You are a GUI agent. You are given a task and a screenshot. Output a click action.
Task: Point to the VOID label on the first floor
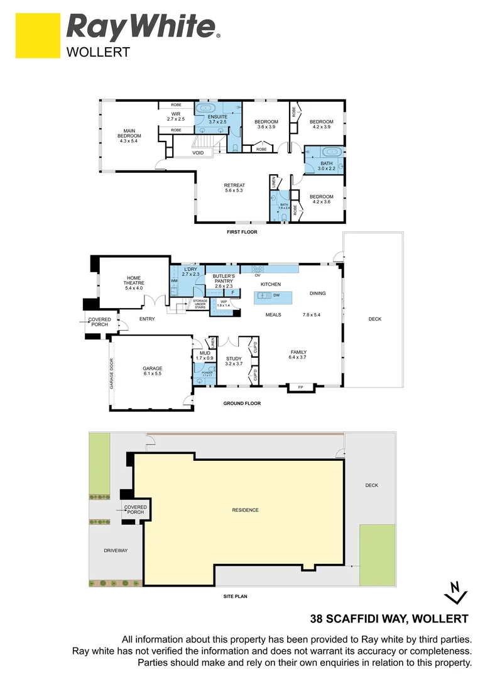198,153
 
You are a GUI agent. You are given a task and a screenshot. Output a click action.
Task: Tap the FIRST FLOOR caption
242,232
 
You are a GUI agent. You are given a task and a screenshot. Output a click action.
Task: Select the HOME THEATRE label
134,283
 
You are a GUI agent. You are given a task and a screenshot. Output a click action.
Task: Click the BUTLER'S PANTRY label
223,280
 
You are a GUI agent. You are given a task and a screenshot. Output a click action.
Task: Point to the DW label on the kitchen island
276,295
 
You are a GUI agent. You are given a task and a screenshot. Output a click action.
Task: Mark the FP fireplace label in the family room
300,387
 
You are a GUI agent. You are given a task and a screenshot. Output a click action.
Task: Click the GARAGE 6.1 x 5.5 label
152,372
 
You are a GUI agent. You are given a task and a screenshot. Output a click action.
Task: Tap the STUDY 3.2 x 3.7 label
234,362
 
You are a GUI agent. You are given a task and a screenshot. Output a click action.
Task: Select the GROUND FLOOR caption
242,404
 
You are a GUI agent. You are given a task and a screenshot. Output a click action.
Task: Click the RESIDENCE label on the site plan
245,510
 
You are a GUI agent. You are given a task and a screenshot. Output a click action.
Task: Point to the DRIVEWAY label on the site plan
115,551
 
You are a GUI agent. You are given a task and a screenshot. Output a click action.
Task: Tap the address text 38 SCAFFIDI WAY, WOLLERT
390,619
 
